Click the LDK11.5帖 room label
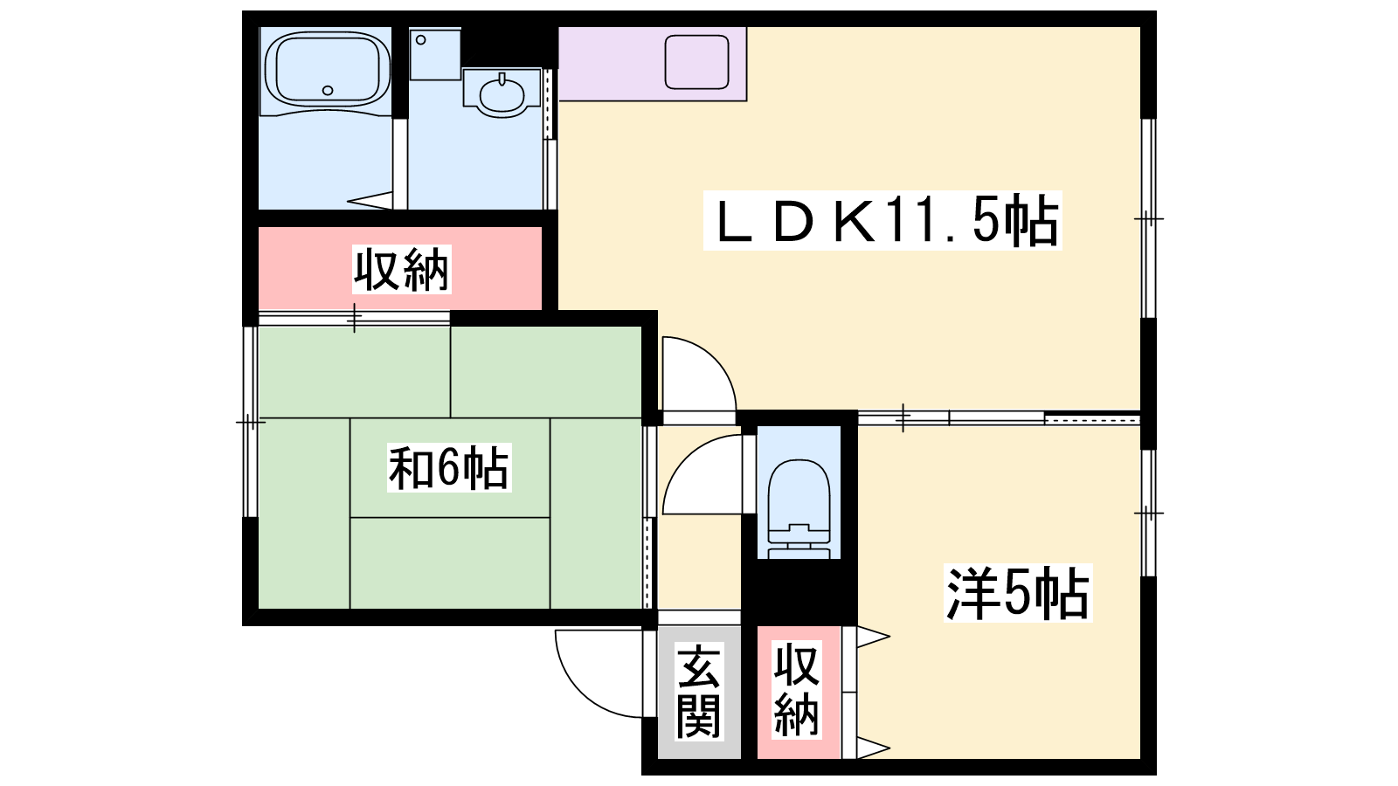pyautogui.click(x=882, y=221)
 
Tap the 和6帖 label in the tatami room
pyautogui.click(x=449, y=468)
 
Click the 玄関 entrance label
pyautogui.click(x=698, y=691)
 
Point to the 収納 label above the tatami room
pyautogui.click(x=401, y=270)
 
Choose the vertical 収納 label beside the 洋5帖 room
pyautogui.click(x=796, y=691)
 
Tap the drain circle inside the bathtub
pyautogui.click(x=328, y=91)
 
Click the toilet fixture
pyautogui.click(x=799, y=508)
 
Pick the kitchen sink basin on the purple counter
pyautogui.click(x=696, y=62)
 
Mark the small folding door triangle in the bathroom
pyautogui.click(x=370, y=200)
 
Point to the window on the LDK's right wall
pyautogui.click(x=1148, y=219)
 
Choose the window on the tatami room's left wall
pyautogui.click(x=250, y=423)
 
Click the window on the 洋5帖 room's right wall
pyautogui.click(x=1148, y=513)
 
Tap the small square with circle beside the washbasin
pyautogui.click(x=435, y=53)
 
